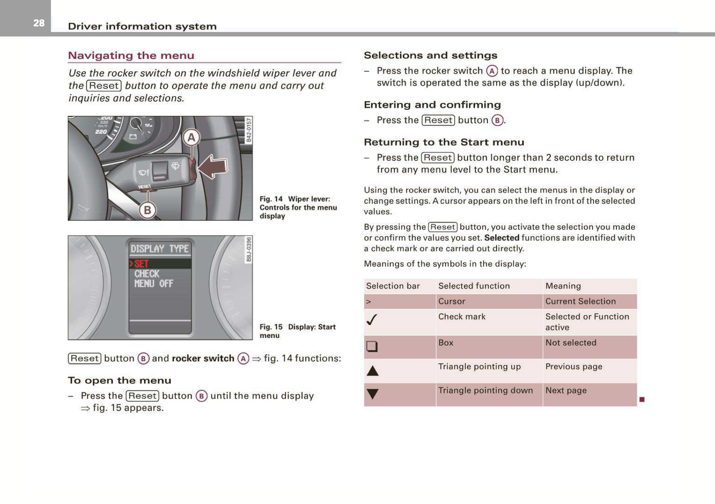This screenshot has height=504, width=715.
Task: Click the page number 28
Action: click(x=39, y=23)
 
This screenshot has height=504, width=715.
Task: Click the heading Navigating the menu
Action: click(x=131, y=55)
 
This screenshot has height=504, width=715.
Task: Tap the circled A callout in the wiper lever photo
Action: click(x=191, y=138)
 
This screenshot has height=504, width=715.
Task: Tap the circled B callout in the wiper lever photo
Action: click(x=147, y=210)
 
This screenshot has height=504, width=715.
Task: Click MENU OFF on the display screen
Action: click(x=153, y=284)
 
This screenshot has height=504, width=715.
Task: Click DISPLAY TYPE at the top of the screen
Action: click(x=159, y=249)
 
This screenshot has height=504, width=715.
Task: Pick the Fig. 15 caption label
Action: click(x=271, y=327)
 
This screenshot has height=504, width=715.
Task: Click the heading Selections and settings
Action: click(x=430, y=55)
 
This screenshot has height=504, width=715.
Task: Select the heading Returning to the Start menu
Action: click(x=444, y=143)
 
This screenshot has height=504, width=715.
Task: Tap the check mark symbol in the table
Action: click(x=372, y=320)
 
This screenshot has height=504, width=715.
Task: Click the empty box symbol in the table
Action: click(x=372, y=346)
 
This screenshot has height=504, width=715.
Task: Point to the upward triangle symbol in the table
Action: click(x=373, y=371)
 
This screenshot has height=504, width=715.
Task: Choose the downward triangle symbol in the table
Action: click(x=373, y=394)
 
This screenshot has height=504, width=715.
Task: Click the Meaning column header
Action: click(x=563, y=286)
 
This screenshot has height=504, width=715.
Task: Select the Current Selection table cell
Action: click(x=580, y=302)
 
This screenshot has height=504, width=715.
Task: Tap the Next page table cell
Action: click(x=566, y=391)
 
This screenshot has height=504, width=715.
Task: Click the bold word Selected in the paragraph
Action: click(x=502, y=238)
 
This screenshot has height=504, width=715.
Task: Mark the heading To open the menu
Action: click(x=120, y=381)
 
